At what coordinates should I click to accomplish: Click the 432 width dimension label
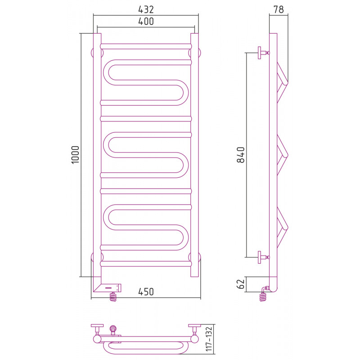tap(146, 9)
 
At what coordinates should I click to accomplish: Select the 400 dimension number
tap(146, 21)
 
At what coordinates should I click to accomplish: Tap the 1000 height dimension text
tap(75, 154)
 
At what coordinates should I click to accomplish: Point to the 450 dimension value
tap(146, 292)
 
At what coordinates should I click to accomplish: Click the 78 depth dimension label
tap(279, 9)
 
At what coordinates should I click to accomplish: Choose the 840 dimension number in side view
tap(241, 155)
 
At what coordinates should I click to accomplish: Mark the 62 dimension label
tap(241, 284)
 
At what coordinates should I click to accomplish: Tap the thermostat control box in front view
tap(108, 288)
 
